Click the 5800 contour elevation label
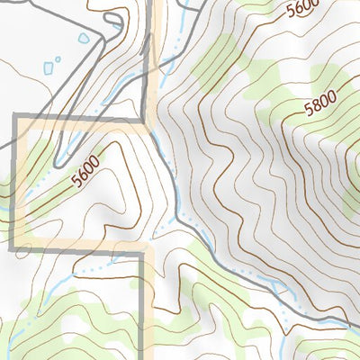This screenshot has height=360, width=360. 320,105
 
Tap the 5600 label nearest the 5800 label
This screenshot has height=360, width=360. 304,10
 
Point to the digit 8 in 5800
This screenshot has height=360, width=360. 317,107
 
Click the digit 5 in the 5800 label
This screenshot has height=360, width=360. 309,112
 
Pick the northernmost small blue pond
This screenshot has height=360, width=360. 85,40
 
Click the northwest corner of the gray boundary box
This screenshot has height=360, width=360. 13,118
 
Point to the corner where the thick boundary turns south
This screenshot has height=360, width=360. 142,253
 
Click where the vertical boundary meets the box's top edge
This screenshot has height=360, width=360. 144,118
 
